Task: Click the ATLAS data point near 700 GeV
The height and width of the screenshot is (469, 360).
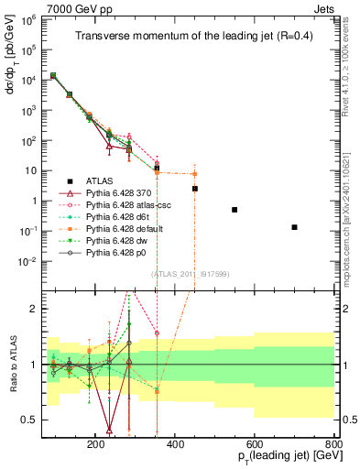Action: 294,227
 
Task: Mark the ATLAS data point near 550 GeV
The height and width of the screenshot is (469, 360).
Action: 235,210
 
